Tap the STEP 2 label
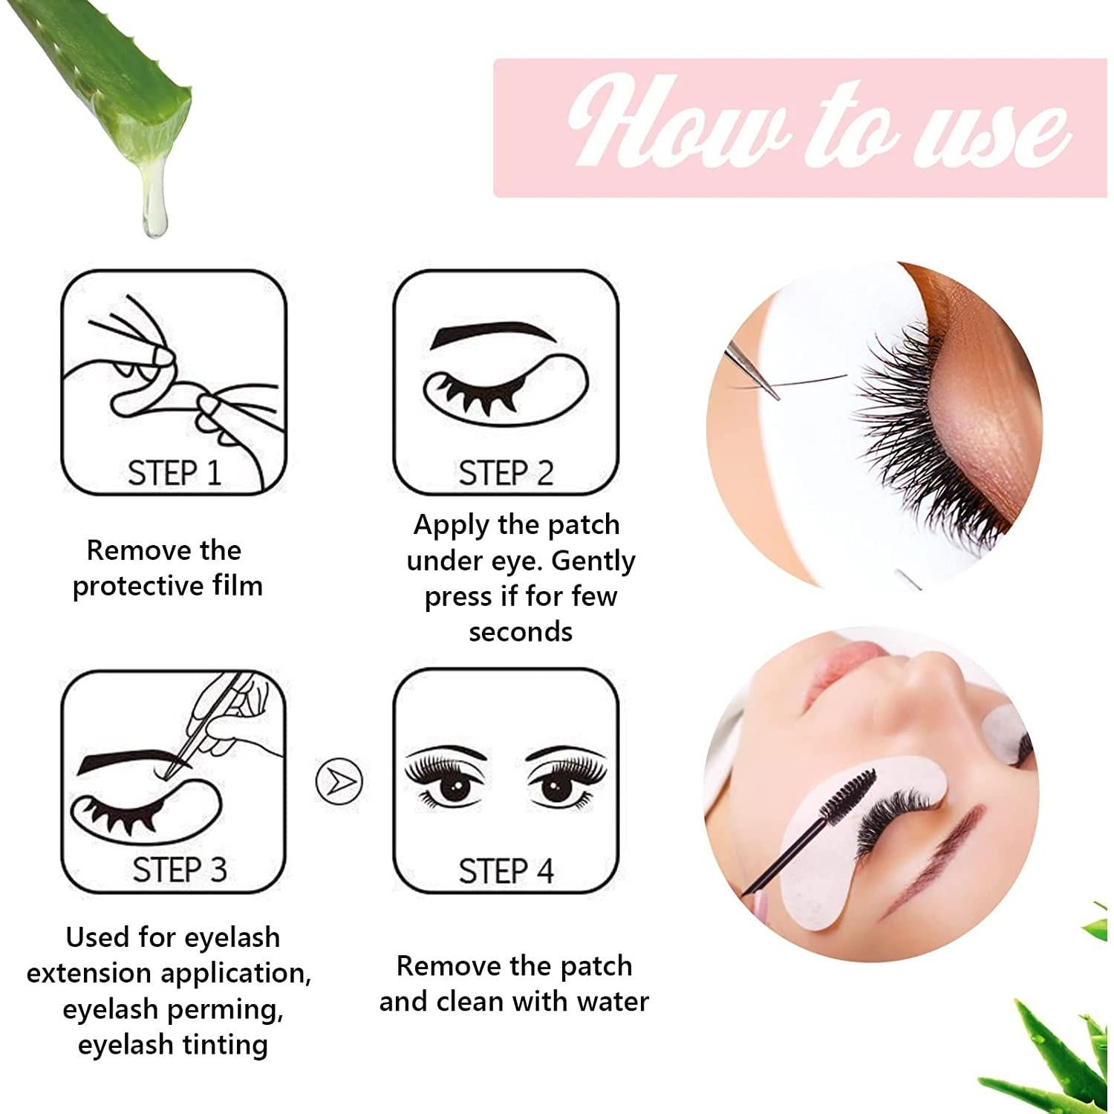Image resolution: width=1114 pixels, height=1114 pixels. [x=506, y=473]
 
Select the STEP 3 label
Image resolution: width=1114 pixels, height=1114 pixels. [x=179, y=870]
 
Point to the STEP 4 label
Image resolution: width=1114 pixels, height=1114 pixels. [x=506, y=870]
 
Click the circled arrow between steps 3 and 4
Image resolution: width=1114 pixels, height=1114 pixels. [x=339, y=781]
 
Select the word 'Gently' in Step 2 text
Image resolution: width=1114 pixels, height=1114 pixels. [x=593, y=561]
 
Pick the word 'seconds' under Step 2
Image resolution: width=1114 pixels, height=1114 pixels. [x=521, y=632]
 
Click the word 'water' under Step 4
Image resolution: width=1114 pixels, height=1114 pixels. [x=612, y=1002]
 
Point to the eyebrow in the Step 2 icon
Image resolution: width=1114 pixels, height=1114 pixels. [x=492, y=333]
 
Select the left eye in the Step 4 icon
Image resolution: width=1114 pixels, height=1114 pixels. [x=455, y=785]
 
